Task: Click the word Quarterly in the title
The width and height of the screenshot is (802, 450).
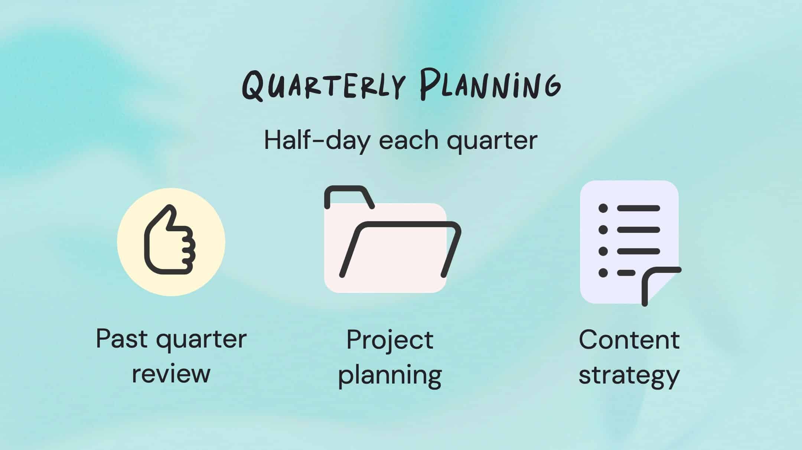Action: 323,86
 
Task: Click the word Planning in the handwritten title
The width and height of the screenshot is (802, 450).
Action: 490,85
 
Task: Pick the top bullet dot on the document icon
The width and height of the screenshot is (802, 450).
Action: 603,208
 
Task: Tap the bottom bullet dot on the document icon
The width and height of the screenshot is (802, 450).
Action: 603,273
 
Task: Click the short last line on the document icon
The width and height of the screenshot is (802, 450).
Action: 626,273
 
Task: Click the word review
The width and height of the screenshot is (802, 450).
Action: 171,374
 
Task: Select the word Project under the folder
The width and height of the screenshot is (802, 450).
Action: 390,340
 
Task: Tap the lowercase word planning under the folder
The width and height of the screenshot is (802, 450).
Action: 390,375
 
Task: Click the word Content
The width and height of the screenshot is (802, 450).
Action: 629,339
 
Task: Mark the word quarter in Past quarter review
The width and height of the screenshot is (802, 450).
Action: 201,339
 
